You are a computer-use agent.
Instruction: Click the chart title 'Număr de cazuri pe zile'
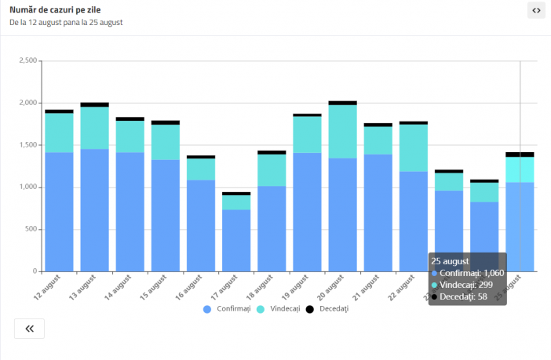55,9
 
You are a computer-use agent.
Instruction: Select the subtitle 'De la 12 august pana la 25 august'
66,23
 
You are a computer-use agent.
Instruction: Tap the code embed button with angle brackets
536,10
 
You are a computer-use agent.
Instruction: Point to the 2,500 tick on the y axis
27,60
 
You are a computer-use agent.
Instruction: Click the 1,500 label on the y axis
27,145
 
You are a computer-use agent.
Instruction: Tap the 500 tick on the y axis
30,230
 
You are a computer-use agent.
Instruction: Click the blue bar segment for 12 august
59,212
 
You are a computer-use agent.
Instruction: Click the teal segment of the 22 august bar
413,147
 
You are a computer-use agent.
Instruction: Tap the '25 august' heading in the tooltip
451,261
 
